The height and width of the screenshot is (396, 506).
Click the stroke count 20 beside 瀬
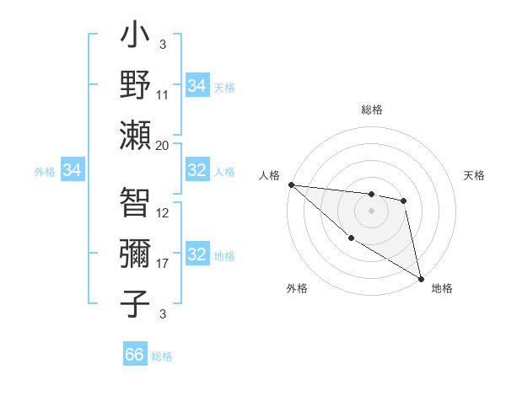click(x=163, y=145)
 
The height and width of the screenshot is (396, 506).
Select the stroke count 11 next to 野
click(x=163, y=96)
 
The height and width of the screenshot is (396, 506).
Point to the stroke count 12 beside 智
click(x=163, y=214)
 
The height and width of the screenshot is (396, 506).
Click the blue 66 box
click(x=135, y=355)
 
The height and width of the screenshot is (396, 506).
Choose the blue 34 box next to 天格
click(x=196, y=86)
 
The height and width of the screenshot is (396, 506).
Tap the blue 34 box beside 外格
click(x=73, y=171)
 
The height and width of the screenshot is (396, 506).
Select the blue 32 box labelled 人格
click(x=196, y=170)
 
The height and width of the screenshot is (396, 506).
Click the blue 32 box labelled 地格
click(x=196, y=254)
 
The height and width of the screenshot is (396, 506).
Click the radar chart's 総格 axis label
click(x=372, y=110)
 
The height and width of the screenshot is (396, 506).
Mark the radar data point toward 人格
click(x=291, y=185)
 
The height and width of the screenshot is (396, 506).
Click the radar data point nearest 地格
click(x=421, y=279)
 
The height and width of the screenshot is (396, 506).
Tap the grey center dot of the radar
click(x=371, y=211)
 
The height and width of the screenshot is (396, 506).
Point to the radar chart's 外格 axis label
click(x=297, y=288)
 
